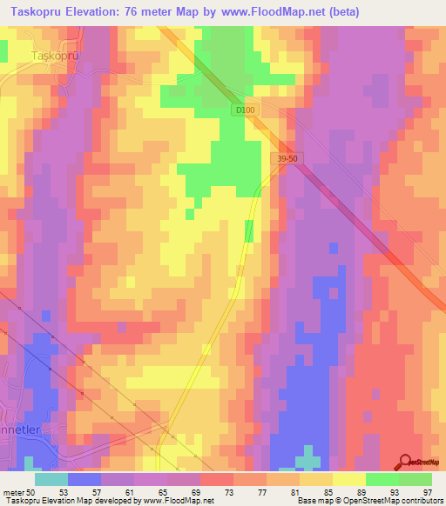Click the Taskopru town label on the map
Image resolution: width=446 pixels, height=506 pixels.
point(55,55)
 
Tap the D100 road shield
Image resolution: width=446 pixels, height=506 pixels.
point(245,110)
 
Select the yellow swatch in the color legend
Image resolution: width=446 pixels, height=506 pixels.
point(348,479)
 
